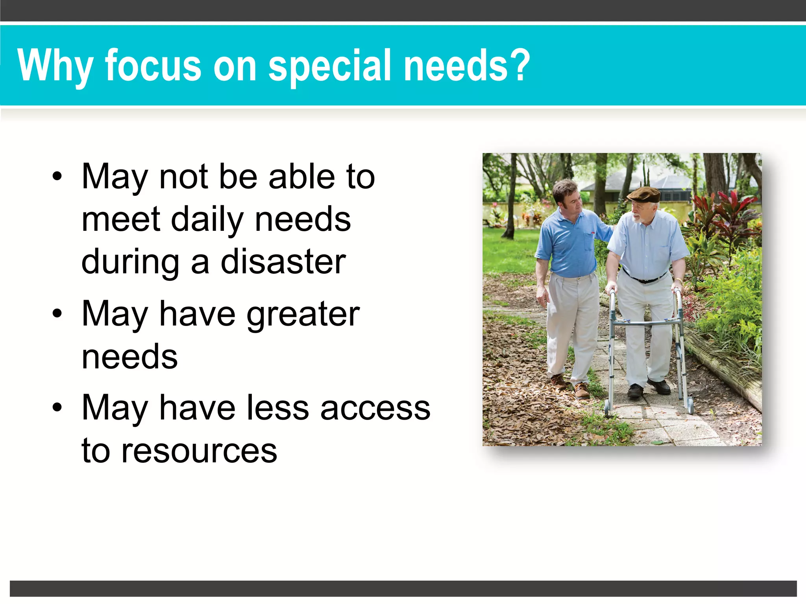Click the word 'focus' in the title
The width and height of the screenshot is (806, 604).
pos(153,66)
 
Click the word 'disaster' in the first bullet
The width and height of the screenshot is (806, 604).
pos(283,262)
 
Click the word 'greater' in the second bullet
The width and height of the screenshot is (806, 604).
pos(303,315)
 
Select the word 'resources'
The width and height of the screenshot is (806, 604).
pos(199,451)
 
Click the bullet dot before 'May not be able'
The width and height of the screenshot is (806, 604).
pos(57,177)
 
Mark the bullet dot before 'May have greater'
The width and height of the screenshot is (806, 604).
pos(57,314)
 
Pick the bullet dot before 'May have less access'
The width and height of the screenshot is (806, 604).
pos(57,407)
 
